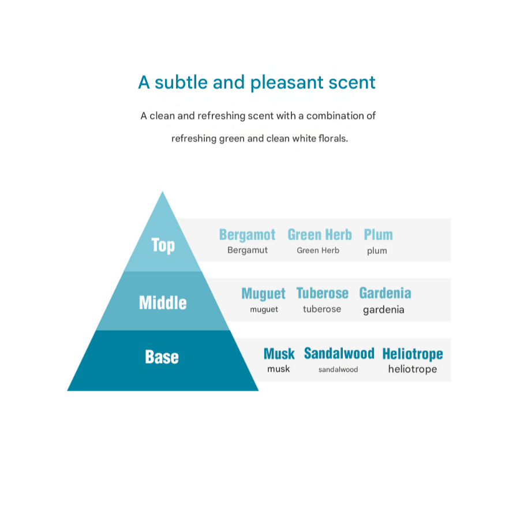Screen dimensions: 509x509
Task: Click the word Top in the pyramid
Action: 163,245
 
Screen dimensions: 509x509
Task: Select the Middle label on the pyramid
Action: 163,302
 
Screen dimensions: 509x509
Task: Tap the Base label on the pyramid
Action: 162,357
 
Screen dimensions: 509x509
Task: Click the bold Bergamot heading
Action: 247,235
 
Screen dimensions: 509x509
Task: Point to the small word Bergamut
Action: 247,250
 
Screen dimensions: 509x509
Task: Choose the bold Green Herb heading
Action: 319,235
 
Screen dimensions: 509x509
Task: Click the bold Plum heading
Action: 378,235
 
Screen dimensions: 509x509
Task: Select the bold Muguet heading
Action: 263,293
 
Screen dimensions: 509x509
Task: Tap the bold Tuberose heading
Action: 322,293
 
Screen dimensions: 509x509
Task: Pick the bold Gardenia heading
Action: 385,293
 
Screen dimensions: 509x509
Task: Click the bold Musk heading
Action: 279,354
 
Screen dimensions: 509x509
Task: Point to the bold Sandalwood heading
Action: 339,353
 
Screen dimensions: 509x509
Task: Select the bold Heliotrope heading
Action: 412,354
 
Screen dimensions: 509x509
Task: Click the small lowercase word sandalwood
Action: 338,369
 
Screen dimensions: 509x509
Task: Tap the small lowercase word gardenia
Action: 383,310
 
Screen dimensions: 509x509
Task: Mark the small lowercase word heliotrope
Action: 412,369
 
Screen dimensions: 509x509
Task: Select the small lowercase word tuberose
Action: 321,309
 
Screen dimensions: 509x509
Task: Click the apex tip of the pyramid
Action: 163,193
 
